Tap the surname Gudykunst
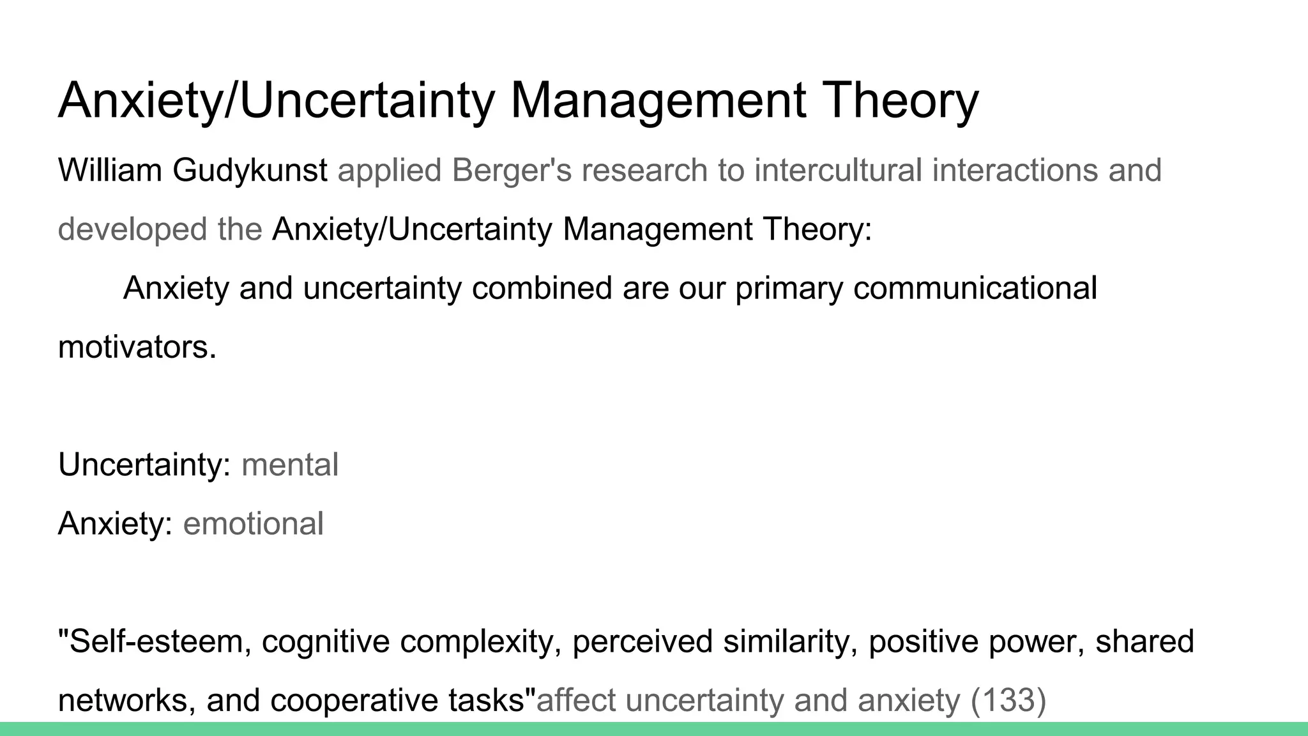[x=250, y=171]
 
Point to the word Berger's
[x=511, y=171]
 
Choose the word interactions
[x=1014, y=171]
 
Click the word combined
[x=542, y=288]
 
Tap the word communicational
[x=975, y=288]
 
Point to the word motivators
[x=137, y=348]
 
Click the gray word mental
[x=290, y=465]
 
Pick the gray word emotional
[x=254, y=524]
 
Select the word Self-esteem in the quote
[x=155, y=641]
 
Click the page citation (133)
[x=1008, y=700]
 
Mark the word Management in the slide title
[x=658, y=101]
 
